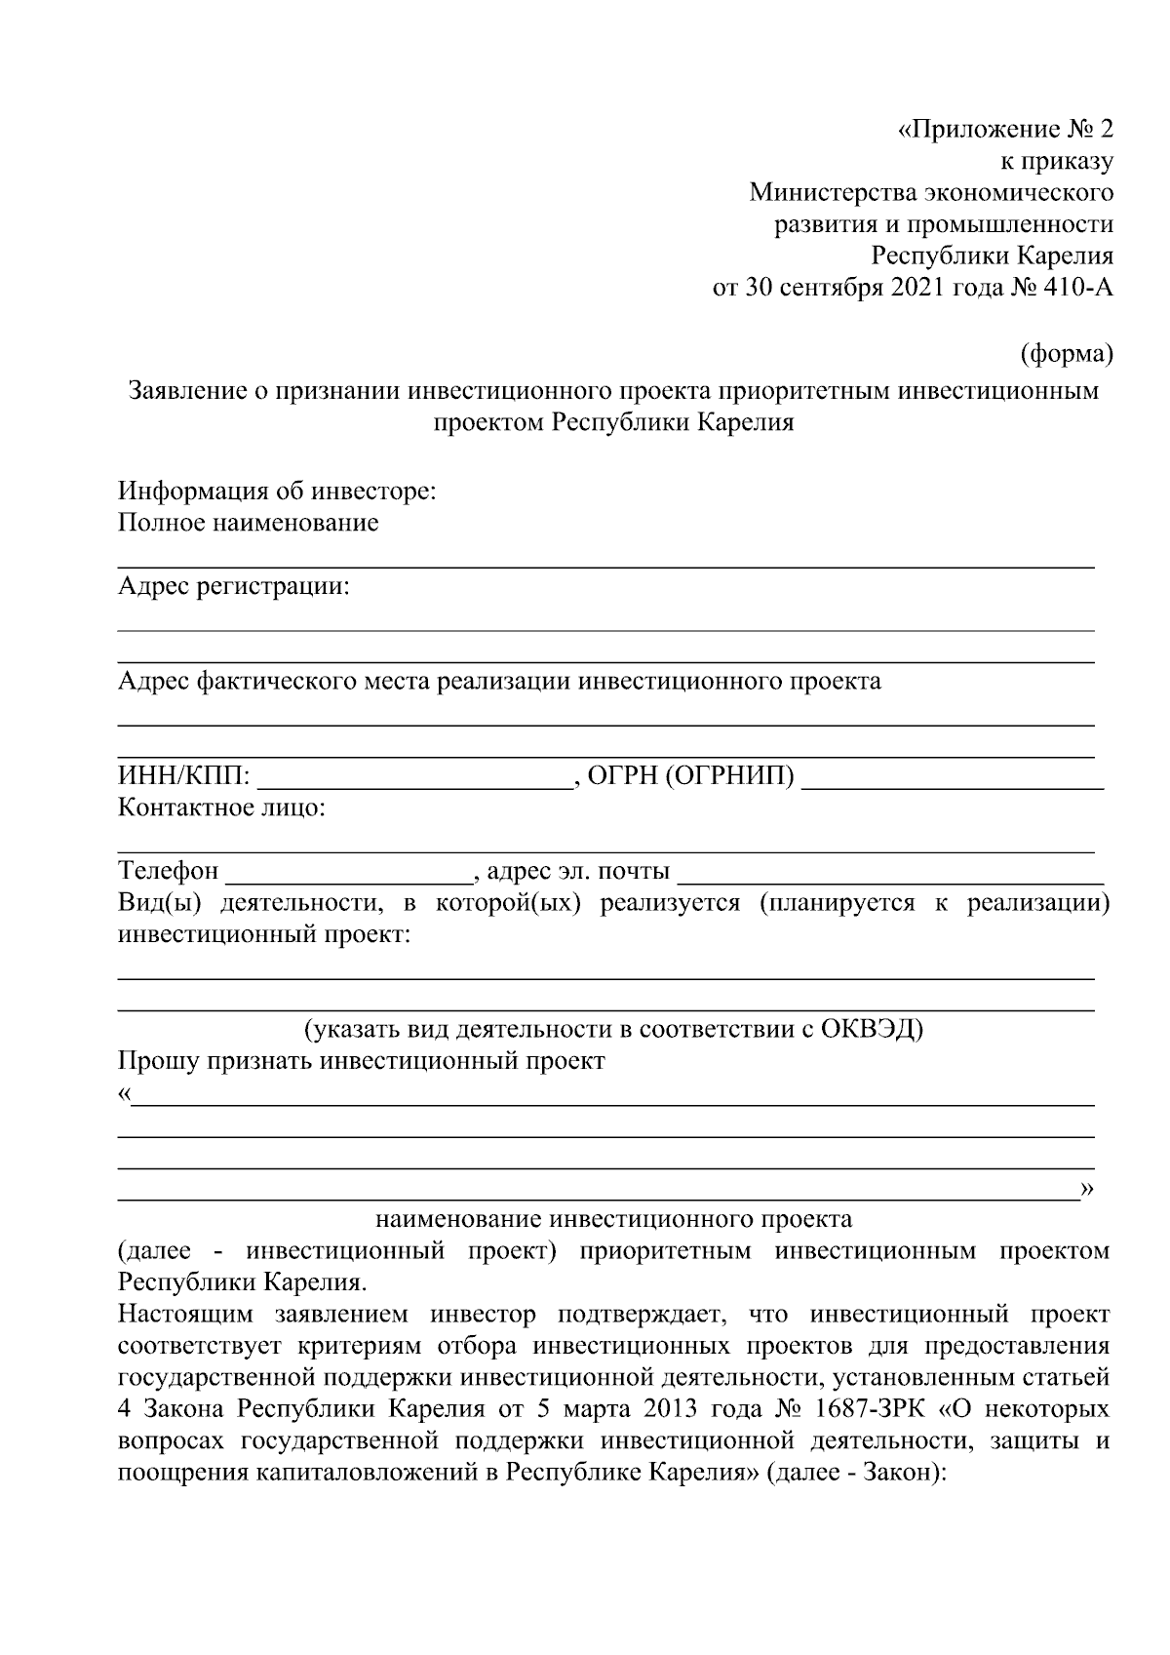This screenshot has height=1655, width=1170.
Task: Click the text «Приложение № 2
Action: pyautogui.click(x=1004, y=130)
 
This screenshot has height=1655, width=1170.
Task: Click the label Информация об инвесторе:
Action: pyautogui.click(x=277, y=491)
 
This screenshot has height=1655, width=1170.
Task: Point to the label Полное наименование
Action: pyautogui.click(x=248, y=523)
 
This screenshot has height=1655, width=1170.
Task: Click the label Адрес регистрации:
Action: pyautogui.click(x=233, y=586)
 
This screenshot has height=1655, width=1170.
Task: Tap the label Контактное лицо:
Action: pyautogui.click(x=221, y=808)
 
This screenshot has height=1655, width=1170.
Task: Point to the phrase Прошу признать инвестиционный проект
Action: pyautogui.click(x=361, y=1061)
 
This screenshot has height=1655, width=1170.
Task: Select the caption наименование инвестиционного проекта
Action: pyautogui.click(x=613, y=1219)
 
